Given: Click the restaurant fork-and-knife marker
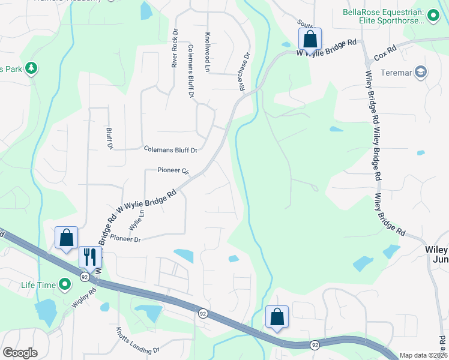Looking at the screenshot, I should point(90,256).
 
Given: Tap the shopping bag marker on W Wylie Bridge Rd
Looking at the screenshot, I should point(310,39).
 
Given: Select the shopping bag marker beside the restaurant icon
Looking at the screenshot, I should point(66,238).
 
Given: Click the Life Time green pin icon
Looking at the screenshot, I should point(64,284).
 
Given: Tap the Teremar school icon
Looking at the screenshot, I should point(420,72).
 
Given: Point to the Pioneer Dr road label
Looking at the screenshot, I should point(125,239).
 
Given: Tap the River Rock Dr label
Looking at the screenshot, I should point(175,48).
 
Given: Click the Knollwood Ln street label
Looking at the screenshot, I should point(207,52).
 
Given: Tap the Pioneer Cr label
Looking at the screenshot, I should point(173,170).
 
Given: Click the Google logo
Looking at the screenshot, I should point(20,353).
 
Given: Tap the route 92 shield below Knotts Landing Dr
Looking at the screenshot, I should point(315,345).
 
